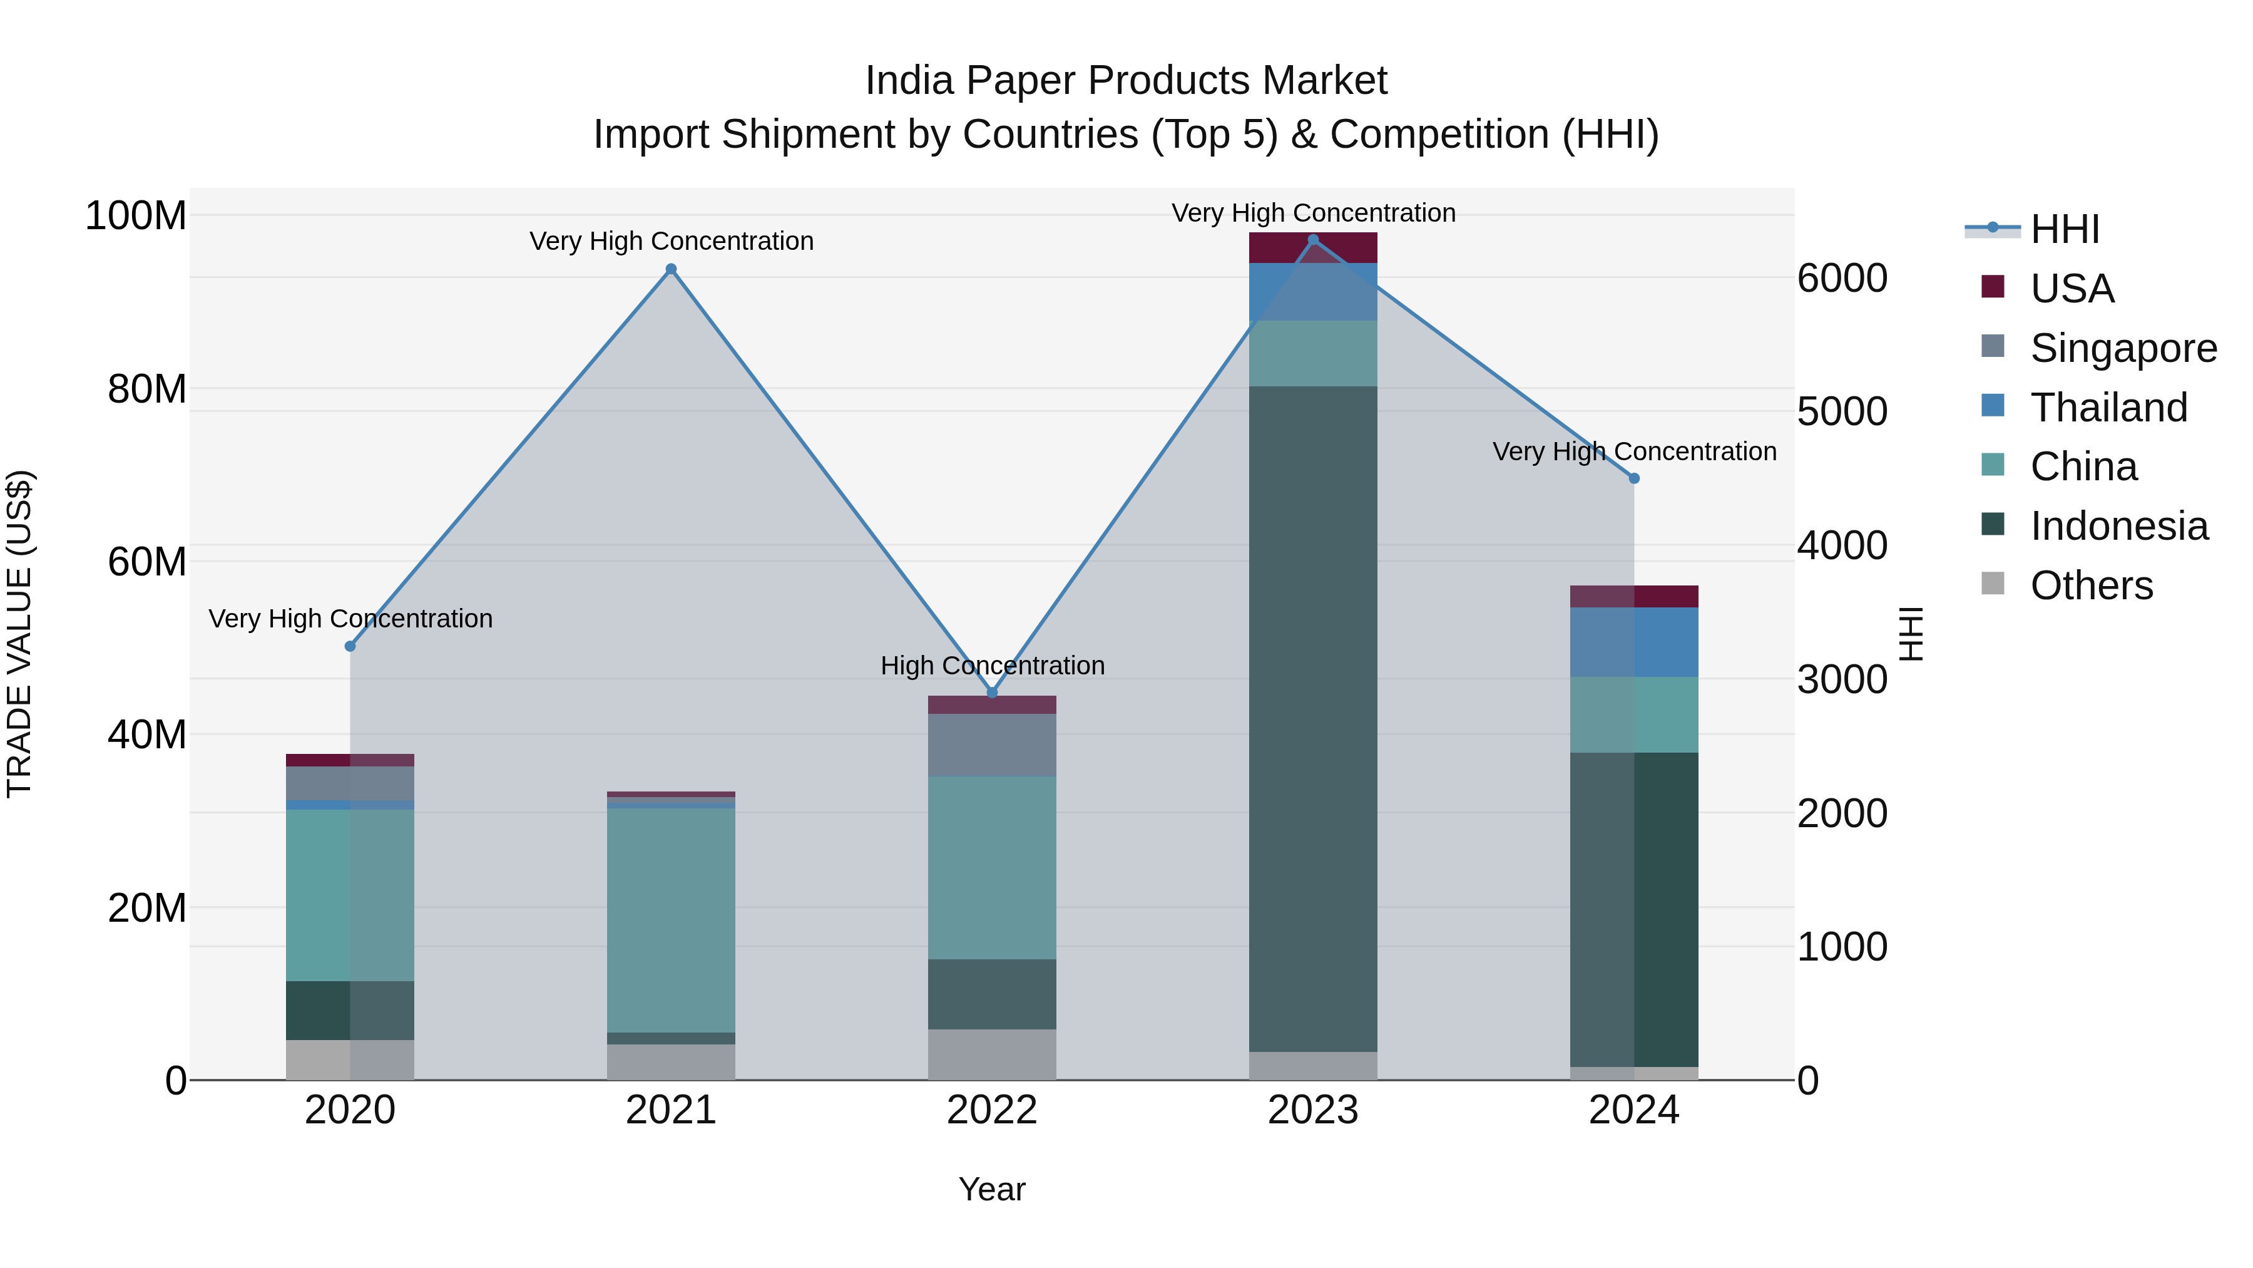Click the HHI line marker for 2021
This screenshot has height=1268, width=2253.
671,269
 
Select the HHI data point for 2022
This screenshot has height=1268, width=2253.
992,693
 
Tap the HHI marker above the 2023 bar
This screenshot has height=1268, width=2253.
1313,240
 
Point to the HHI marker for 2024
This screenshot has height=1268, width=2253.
1634,478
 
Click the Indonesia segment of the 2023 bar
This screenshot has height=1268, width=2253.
1313,718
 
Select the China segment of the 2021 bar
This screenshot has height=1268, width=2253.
671,919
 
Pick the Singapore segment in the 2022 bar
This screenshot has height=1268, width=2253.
992,745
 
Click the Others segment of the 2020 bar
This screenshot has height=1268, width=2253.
350,1059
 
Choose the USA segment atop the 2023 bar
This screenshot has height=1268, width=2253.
1313,247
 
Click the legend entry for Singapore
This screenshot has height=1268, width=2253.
2123,348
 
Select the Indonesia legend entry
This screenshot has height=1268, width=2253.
2118,526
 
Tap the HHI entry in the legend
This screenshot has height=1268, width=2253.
2064,229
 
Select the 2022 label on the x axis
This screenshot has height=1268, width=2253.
992,1110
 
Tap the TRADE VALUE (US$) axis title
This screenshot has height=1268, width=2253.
20,634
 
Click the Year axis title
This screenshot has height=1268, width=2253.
992,1189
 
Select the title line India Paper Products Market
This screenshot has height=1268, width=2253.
1126,81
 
